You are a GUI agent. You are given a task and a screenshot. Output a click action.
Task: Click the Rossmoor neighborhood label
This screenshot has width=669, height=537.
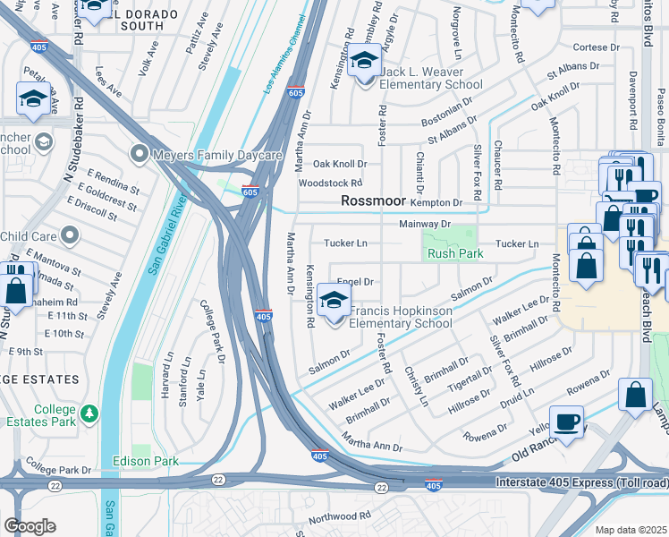pos(374,202)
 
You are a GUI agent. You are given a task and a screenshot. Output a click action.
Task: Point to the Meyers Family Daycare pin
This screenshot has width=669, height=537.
pos(139,155)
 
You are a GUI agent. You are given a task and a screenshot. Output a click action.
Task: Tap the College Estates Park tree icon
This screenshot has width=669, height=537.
pos(89,414)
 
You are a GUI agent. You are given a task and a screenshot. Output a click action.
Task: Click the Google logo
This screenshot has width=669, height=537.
pos(30,525)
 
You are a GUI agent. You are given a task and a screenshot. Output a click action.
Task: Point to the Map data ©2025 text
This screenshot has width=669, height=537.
pos(631,530)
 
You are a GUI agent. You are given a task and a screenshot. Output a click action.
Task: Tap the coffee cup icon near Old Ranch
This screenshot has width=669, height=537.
pos(566,421)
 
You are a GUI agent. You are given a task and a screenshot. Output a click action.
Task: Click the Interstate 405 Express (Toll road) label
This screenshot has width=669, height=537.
pos(580,483)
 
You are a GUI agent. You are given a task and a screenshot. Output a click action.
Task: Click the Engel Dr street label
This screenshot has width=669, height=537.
pos(355,281)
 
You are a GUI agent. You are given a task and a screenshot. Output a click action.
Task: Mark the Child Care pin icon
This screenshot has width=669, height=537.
pos(70,236)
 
